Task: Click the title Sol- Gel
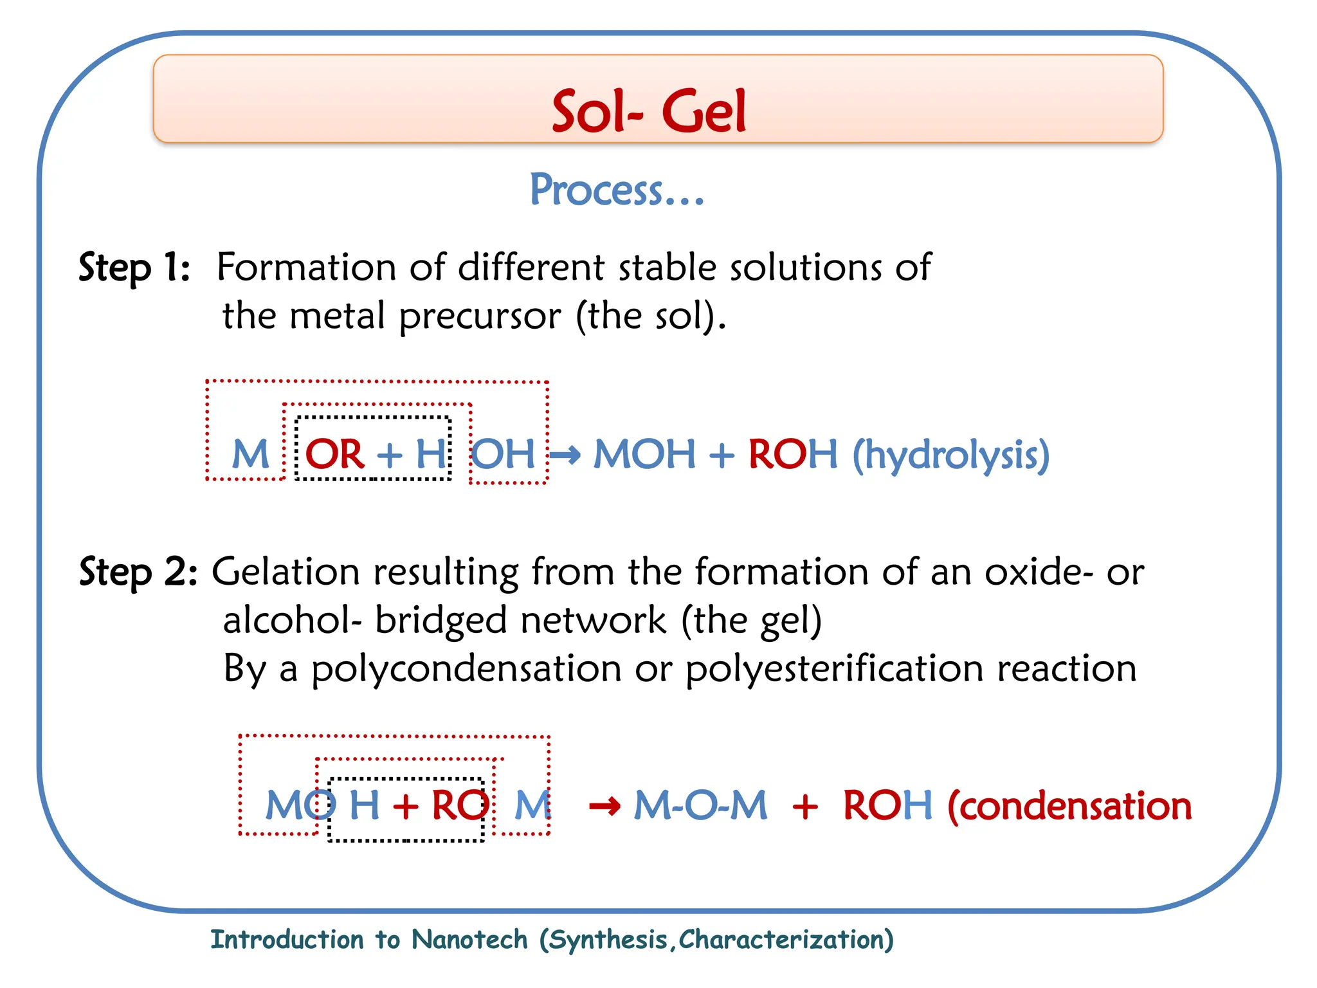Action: pos(649,112)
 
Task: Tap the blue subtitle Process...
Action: pos(616,190)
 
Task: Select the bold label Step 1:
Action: pos(134,267)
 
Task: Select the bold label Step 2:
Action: pos(138,572)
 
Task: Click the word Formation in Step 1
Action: pos(306,267)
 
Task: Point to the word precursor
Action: pos(480,316)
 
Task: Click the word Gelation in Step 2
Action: pos(286,572)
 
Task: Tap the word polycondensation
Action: pos(466,669)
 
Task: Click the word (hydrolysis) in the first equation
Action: pos(951,455)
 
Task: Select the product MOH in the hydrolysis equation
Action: pos(644,454)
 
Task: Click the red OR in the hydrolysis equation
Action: pos(334,454)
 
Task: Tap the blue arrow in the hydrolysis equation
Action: pos(565,455)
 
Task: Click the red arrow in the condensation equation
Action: pos(604,805)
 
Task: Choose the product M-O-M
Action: pos(700,805)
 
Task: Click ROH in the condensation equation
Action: pos(887,805)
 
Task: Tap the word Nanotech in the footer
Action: pos(469,940)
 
